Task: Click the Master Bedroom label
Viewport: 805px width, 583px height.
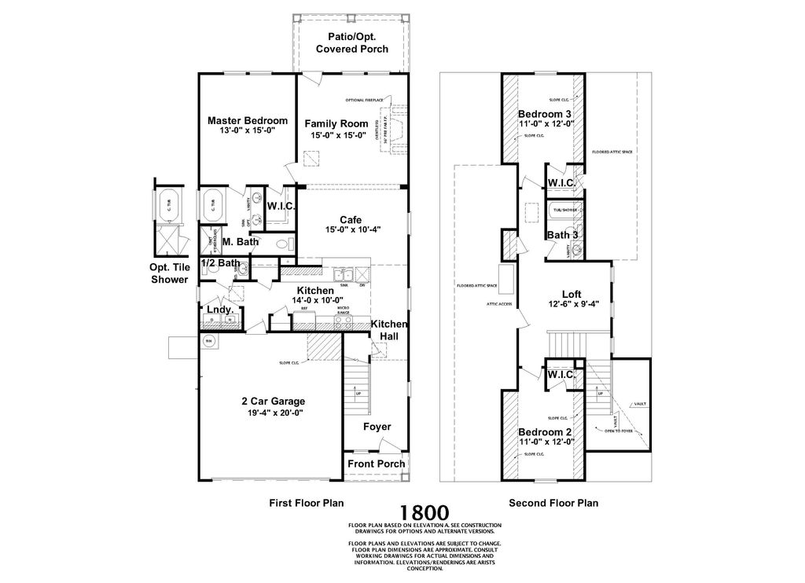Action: pyautogui.click(x=248, y=120)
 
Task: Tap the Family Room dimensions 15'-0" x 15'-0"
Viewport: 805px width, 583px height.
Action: pyautogui.click(x=336, y=134)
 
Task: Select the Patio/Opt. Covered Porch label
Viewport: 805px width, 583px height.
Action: pyautogui.click(x=352, y=43)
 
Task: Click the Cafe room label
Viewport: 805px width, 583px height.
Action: pyautogui.click(x=351, y=219)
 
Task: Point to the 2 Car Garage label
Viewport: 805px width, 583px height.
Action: pyautogui.click(x=273, y=401)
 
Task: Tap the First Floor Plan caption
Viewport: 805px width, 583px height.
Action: pyautogui.click(x=307, y=503)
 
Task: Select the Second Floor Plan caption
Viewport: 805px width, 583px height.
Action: pyautogui.click(x=553, y=503)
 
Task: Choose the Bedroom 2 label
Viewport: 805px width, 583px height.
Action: pyautogui.click(x=546, y=431)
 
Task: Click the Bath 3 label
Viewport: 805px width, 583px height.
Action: pyautogui.click(x=563, y=235)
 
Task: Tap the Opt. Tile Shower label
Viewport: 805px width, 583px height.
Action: pyautogui.click(x=170, y=273)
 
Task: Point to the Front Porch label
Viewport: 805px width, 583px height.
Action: pyautogui.click(x=377, y=463)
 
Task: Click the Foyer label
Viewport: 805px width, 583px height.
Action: pyautogui.click(x=377, y=427)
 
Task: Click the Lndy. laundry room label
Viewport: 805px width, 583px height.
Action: pyautogui.click(x=220, y=310)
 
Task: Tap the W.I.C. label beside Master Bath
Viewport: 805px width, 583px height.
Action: pyautogui.click(x=281, y=207)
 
